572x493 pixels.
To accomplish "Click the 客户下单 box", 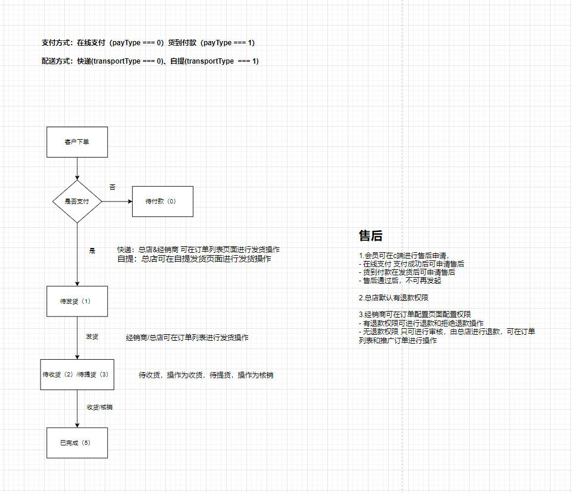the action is (x=77, y=142).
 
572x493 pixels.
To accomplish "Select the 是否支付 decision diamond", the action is (x=77, y=202).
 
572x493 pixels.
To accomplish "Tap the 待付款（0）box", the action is (x=162, y=202).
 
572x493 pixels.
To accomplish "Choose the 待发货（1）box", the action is (x=77, y=302).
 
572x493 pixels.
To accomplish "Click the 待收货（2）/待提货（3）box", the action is (x=77, y=375).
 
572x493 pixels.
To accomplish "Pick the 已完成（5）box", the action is (x=77, y=442).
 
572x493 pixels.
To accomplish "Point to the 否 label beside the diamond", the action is (x=112, y=187).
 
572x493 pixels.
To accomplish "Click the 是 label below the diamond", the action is (x=92, y=251).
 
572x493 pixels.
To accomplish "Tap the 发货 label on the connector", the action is (x=92, y=337).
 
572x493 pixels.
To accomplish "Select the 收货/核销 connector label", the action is (x=99, y=407).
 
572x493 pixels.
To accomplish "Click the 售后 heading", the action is (x=371, y=235).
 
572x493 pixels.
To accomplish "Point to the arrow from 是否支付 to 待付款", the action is (x=117, y=202).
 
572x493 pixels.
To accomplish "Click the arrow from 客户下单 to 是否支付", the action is (x=77, y=169).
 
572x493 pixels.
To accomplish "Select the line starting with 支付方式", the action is (x=148, y=43).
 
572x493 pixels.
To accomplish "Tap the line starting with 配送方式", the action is (x=150, y=61).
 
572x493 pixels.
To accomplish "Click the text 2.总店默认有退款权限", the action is (x=393, y=298).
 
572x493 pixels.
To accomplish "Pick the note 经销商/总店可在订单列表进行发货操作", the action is (x=187, y=338).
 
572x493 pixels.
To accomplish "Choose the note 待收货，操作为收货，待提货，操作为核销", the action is (x=206, y=375).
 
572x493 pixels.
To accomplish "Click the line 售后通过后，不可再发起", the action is (x=400, y=281).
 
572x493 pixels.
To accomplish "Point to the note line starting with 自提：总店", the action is (x=194, y=259).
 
